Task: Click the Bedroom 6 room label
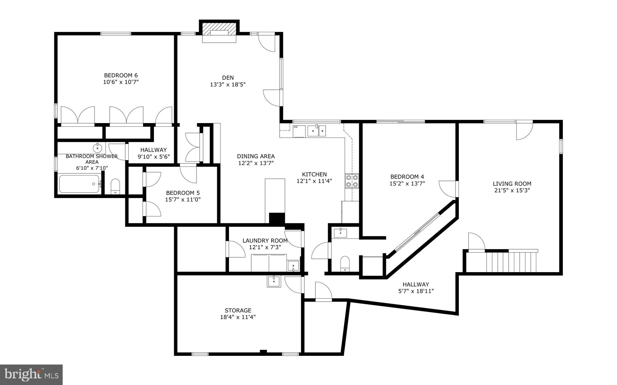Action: click(121, 75)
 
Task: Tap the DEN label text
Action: click(228, 78)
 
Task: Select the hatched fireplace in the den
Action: click(219, 29)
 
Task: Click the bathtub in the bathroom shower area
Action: click(79, 184)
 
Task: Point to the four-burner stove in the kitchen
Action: click(352, 181)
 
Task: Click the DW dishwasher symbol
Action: click(296, 127)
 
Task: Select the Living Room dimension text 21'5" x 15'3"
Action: click(512, 190)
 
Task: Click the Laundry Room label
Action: click(265, 241)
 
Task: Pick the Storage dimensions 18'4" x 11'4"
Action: click(238, 317)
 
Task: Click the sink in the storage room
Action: click(274, 281)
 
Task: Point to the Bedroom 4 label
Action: click(407, 177)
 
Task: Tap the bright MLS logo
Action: click(31, 374)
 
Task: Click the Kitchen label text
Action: click(314, 174)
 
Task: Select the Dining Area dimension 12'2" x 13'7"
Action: click(256, 163)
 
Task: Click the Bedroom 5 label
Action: click(183, 193)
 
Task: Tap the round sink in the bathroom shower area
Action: click(97, 148)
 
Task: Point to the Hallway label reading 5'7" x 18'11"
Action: click(416, 291)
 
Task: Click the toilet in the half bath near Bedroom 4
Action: click(344, 263)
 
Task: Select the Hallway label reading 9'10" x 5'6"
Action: click(154, 157)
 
